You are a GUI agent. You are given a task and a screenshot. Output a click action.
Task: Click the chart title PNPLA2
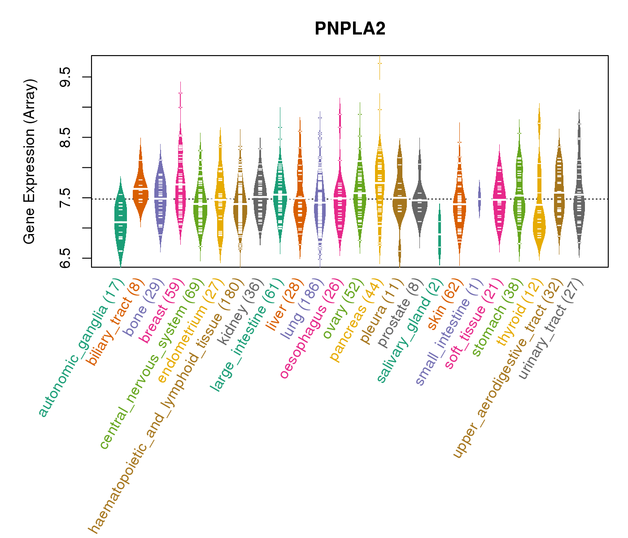(350, 29)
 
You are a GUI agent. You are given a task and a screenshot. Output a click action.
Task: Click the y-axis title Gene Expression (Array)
(30, 161)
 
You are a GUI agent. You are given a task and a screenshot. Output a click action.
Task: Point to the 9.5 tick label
(65, 77)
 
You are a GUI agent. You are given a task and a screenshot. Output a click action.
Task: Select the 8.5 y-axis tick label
(65, 137)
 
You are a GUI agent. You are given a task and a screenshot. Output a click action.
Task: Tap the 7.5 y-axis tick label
(65, 198)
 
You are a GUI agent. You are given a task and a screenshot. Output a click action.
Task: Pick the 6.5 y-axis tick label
(65, 258)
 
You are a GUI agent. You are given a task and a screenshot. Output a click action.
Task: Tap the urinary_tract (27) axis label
(552, 330)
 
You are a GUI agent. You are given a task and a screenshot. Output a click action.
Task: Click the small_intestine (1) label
(449, 332)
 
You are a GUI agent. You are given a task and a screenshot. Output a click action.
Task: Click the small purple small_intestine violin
(479, 199)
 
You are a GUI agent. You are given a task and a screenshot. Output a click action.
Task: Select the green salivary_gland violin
(440, 233)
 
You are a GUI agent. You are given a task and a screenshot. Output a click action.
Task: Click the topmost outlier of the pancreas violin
(379, 63)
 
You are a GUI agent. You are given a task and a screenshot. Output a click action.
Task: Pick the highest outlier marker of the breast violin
(180, 93)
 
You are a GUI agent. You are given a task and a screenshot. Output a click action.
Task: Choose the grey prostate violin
(419, 197)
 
